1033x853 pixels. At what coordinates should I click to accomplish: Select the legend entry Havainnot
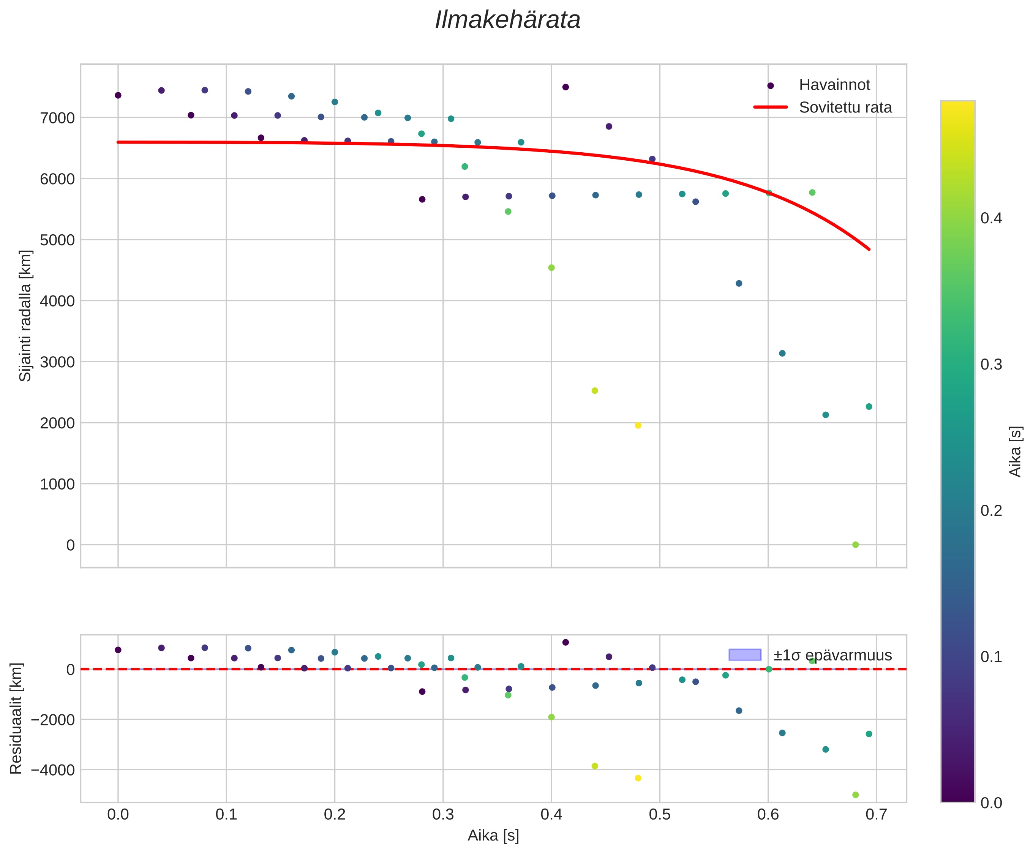pyautogui.click(x=834, y=85)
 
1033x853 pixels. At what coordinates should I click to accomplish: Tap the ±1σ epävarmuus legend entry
pyautogui.click(x=832, y=655)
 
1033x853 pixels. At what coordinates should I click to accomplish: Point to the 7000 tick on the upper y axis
pyautogui.click(x=57, y=118)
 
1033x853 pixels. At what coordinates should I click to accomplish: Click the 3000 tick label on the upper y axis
pyautogui.click(x=57, y=362)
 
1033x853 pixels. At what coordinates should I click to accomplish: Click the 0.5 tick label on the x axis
pyautogui.click(x=660, y=815)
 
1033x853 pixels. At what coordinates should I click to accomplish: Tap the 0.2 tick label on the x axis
pyautogui.click(x=335, y=815)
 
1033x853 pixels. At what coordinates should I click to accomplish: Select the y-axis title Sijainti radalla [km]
pyautogui.click(x=25, y=316)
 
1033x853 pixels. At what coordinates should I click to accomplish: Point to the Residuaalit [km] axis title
pyautogui.click(x=16, y=719)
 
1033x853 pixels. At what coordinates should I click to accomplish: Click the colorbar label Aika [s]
pyautogui.click(x=1015, y=451)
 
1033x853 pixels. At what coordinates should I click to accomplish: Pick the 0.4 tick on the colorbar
pyautogui.click(x=991, y=218)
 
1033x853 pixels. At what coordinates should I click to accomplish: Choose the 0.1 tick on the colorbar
pyautogui.click(x=991, y=657)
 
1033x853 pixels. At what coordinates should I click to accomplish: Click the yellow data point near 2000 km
pyautogui.click(x=638, y=425)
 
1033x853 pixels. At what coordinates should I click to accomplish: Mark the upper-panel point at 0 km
pyautogui.click(x=855, y=545)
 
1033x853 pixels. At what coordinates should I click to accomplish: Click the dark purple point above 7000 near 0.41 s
pyautogui.click(x=565, y=87)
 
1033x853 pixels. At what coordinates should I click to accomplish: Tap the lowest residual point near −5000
pyautogui.click(x=855, y=795)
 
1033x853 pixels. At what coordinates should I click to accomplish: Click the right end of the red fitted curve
pyautogui.click(x=869, y=249)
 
